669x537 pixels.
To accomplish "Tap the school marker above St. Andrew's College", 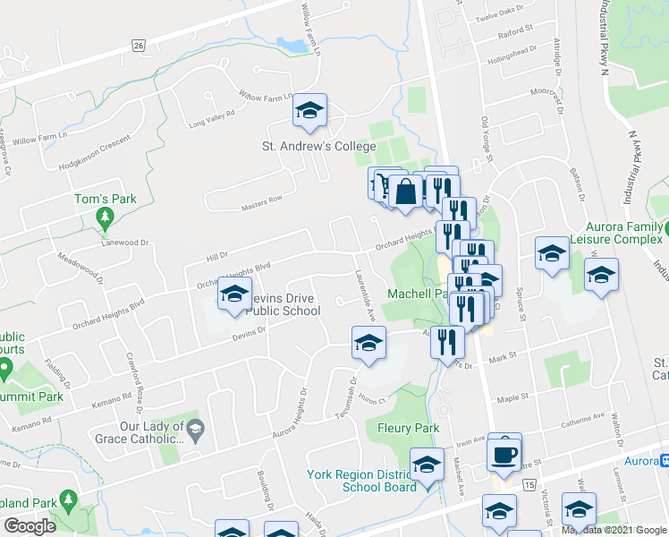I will click(x=310, y=111).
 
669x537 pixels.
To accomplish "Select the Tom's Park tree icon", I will click(x=106, y=217).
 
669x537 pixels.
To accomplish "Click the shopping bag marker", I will click(x=405, y=192).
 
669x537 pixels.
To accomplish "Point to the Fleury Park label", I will click(x=408, y=428).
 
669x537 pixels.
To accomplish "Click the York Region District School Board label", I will click(x=361, y=481).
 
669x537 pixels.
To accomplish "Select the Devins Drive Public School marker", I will click(x=234, y=295).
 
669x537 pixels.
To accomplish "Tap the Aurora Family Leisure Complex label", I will click(x=614, y=234).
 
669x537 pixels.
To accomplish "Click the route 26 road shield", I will click(x=137, y=45).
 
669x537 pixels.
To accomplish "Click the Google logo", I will click(x=30, y=525).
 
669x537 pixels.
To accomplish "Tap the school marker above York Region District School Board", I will click(x=427, y=465).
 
